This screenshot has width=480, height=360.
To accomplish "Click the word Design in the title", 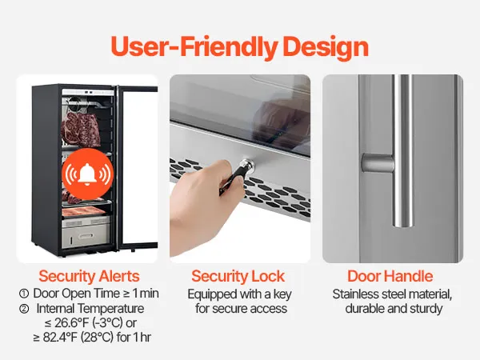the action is click(x=326, y=47).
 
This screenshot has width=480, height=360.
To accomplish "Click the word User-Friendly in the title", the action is click(x=194, y=47).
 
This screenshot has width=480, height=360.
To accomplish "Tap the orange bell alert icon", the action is click(x=87, y=174).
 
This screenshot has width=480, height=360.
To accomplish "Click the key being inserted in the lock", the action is click(x=237, y=176).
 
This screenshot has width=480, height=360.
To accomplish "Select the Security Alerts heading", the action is click(x=89, y=276).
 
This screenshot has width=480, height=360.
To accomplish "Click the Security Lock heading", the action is click(x=238, y=276).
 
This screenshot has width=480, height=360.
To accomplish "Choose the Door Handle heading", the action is click(x=390, y=276).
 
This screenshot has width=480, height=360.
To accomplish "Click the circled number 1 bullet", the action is click(x=24, y=294).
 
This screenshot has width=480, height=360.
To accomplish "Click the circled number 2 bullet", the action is click(x=24, y=309).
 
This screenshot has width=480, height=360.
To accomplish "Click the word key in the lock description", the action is click(x=282, y=294).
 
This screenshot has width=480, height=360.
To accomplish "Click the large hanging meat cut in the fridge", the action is click(x=81, y=130).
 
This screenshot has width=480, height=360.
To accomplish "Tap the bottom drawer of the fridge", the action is click(x=86, y=235).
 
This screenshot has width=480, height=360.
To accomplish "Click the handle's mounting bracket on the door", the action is click(x=378, y=163).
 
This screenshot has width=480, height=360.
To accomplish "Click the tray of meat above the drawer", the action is click(x=84, y=211).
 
